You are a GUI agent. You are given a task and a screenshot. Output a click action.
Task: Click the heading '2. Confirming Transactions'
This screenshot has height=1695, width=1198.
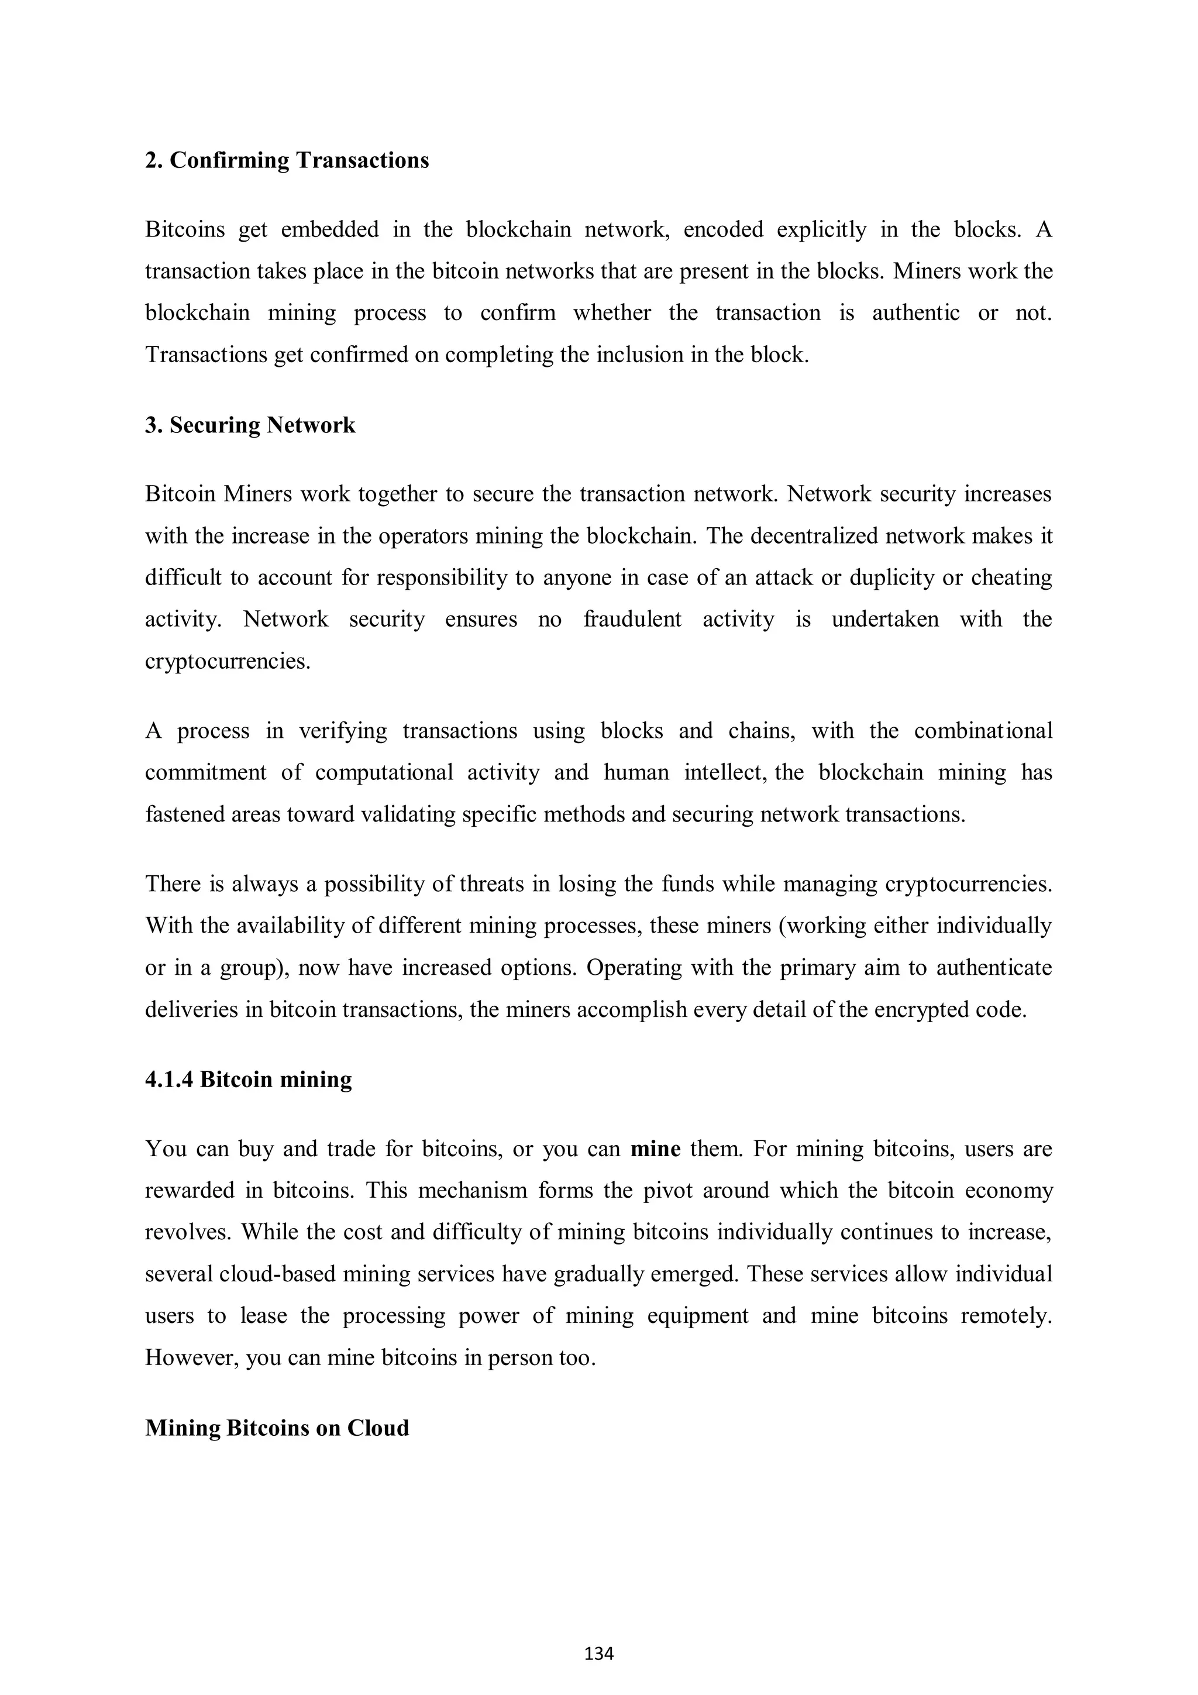tap(287, 160)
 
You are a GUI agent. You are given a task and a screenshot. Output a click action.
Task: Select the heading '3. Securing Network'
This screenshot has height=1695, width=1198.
tap(250, 425)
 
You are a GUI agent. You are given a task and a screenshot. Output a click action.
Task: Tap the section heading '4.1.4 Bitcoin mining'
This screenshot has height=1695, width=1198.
tap(248, 1079)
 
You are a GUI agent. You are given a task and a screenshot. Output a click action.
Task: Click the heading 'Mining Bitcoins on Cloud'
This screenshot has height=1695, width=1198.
tap(277, 1428)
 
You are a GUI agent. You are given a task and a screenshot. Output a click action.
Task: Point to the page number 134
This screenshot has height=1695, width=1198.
tap(598, 1653)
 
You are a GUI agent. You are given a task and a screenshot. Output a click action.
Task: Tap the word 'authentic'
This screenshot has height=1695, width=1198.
tap(916, 313)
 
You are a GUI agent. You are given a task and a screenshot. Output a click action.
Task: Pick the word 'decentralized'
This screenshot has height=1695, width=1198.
tap(815, 535)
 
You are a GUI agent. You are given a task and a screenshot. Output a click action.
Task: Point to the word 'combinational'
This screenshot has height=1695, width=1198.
tap(983, 731)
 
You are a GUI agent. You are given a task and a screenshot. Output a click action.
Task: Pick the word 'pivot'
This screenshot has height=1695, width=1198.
tap(660, 1190)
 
